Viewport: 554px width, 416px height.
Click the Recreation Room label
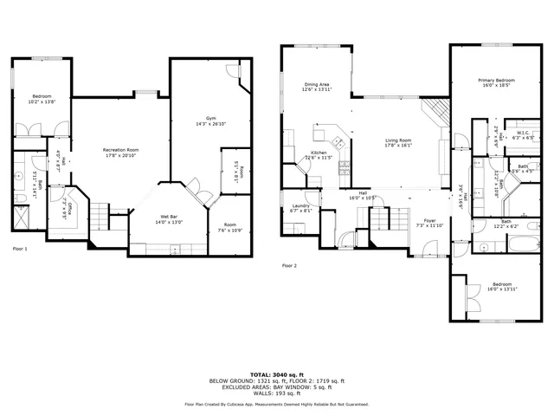[121, 150]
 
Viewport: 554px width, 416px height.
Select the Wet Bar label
[169, 217]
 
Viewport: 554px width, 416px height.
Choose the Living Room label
[398, 140]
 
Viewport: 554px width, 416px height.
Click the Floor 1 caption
[20, 249]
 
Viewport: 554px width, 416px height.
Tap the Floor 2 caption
[290, 266]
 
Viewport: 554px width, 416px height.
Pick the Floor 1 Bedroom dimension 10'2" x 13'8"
[42, 102]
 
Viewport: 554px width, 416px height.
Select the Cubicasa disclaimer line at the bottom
[276, 405]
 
